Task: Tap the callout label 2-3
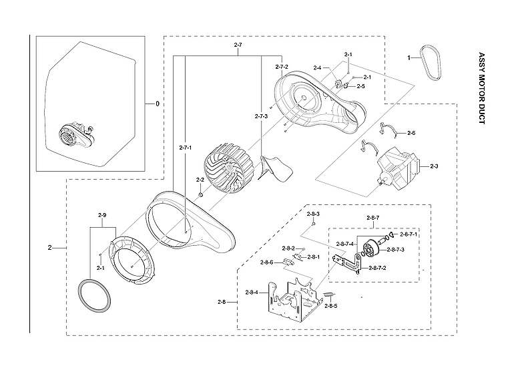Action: point(434,166)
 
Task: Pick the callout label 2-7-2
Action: point(282,67)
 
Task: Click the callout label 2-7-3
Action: point(261,116)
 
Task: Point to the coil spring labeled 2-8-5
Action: point(328,295)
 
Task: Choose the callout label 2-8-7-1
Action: point(409,234)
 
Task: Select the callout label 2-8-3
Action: point(313,214)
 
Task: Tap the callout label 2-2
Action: point(200,180)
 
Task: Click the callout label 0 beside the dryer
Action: point(158,104)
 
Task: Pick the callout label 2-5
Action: point(360,86)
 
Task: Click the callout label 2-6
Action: point(411,133)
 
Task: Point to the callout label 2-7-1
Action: point(186,147)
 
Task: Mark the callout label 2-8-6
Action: point(267,262)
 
